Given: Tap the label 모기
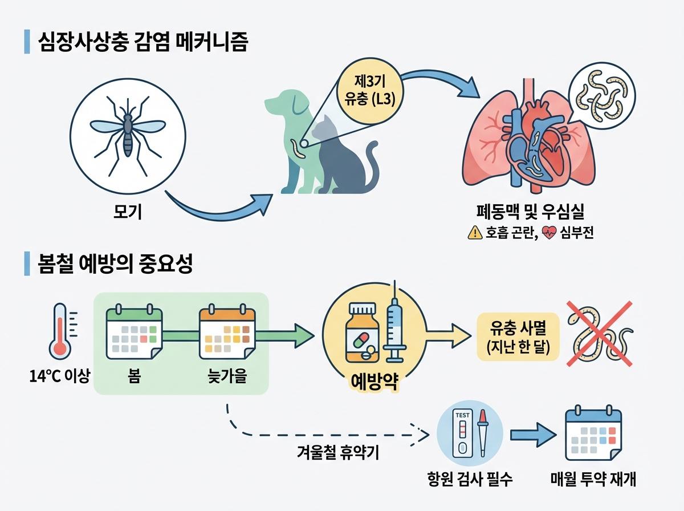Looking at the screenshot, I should point(128,213).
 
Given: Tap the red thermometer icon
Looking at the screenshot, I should point(59,334).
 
